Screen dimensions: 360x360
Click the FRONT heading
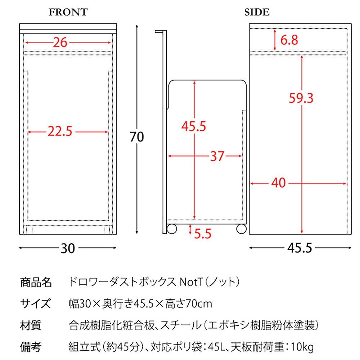(x=68, y=12)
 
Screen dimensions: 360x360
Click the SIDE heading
(x=257, y=12)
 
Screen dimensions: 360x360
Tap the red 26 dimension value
(x=60, y=42)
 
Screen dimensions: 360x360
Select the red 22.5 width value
(x=60, y=131)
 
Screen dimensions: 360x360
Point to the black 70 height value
(x=137, y=137)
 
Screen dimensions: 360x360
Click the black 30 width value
(x=68, y=248)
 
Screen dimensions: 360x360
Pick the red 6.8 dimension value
(x=289, y=40)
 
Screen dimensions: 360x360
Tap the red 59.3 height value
(x=301, y=98)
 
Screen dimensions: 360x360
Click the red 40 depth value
(x=279, y=183)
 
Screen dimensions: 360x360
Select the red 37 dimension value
(x=217, y=156)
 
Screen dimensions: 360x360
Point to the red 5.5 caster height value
(x=203, y=234)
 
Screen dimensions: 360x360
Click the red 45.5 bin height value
(x=194, y=126)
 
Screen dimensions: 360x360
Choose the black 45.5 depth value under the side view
(x=300, y=248)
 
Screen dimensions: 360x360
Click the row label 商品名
(x=36, y=282)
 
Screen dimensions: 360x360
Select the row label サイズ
(x=36, y=303)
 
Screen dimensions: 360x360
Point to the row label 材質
(x=31, y=325)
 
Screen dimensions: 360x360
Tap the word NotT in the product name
(x=191, y=282)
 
